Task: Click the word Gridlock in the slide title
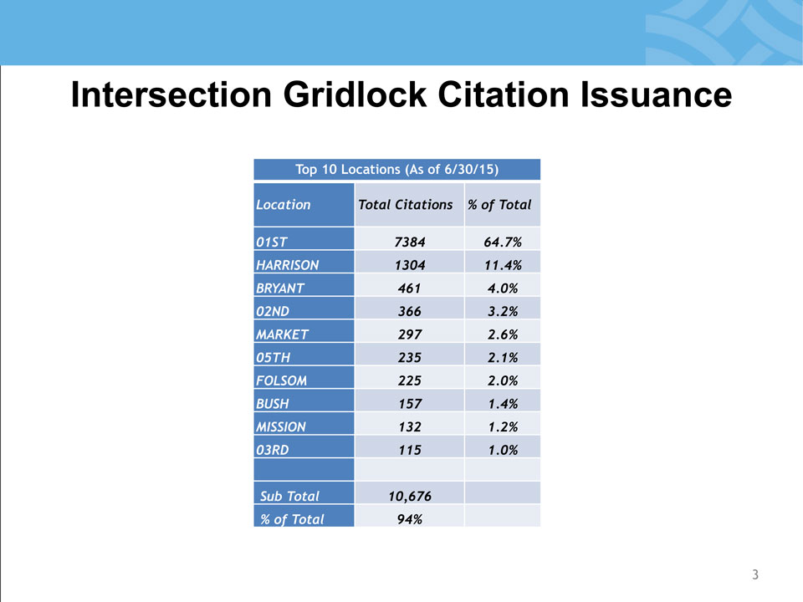(x=355, y=94)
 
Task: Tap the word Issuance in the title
(x=656, y=94)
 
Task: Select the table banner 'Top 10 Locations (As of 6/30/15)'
(x=396, y=170)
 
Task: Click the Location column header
(x=284, y=205)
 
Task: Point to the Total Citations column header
(x=406, y=205)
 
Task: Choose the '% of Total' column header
(x=499, y=205)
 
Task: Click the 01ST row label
(x=271, y=242)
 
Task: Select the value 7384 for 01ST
(x=410, y=242)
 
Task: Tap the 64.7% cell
(x=503, y=242)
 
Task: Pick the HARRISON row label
(x=287, y=265)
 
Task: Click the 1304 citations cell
(x=410, y=265)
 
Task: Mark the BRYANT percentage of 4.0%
(x=503, y=288)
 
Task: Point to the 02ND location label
(x=273, y=311)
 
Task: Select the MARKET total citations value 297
(x=410, y=334)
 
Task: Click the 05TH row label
(x=273, y=357)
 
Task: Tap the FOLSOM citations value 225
(x=410, y=380)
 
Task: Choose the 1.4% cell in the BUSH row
(x=503, y=404)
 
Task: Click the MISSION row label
(x=281, y=427)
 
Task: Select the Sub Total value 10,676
(x=410, y=496)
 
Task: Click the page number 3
(x=755, y=574)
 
